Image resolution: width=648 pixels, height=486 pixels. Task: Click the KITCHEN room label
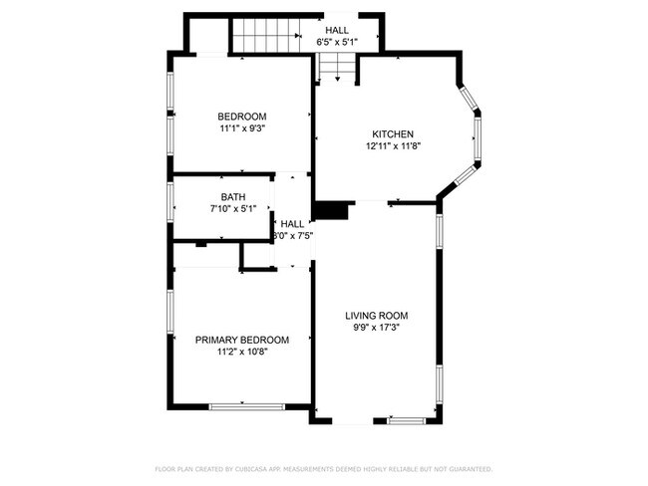pos(393,134)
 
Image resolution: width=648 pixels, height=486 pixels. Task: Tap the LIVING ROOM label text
pos(377,316)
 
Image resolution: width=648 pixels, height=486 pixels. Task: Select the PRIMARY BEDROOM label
pos(242,340)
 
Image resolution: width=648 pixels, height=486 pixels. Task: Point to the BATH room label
pos(233,197)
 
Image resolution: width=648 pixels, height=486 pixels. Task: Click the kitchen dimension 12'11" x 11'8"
pos(393,146)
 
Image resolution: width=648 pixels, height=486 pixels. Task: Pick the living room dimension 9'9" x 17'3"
pos(377,328)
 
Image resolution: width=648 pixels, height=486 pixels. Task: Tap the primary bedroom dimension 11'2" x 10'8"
pos(242,352)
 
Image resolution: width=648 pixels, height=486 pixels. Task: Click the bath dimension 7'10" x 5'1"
pos(233,209)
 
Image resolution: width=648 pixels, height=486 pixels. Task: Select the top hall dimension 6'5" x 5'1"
pos(337,43)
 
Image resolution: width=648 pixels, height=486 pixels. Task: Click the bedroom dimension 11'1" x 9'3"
pos(242,128)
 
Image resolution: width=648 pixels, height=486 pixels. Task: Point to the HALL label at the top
pos(337,31)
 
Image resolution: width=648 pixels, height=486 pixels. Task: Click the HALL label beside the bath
pos(293,224)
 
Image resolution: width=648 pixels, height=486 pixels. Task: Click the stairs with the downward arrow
pos(336,68)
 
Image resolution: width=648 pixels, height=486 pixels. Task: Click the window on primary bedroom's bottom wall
pos(246,405)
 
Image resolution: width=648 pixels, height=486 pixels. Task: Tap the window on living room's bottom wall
pos(406,420)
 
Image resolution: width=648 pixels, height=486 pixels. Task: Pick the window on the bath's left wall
pos(170,206)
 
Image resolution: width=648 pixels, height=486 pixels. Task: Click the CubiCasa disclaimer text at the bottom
pos(323,468)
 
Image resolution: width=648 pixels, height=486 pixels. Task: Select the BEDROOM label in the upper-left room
pos(242,117)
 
